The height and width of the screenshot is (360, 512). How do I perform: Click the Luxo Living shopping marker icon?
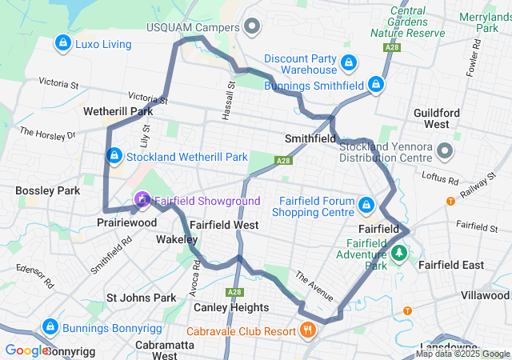tap(62, 43)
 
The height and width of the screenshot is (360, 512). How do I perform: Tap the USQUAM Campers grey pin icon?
tap(253, 28)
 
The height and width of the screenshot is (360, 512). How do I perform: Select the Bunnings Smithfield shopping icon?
tap(376, 83)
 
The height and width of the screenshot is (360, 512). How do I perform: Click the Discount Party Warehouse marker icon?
tap(348, 62)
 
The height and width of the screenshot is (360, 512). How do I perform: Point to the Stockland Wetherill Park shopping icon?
tap(114, 154)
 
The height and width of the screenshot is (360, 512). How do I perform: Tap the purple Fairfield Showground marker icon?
tap(142, 198)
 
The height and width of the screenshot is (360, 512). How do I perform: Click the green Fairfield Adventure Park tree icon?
tap(398, 254)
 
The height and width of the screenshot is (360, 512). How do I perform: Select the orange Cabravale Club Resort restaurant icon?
tap(307, 330)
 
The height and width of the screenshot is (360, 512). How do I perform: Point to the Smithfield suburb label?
tap(310, 138)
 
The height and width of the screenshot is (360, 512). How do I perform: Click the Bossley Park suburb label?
tap(46, 191)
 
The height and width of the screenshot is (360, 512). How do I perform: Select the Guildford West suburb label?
tap(437, 119)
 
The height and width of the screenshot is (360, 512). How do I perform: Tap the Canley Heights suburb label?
tap(230, 307)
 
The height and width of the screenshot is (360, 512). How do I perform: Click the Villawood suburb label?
tap(484, 295)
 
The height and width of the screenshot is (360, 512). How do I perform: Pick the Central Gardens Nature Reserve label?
tap(408, 22)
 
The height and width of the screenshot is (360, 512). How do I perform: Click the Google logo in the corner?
tap(26, 350)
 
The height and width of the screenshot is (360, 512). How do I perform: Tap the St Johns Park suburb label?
tap(141, 298)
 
